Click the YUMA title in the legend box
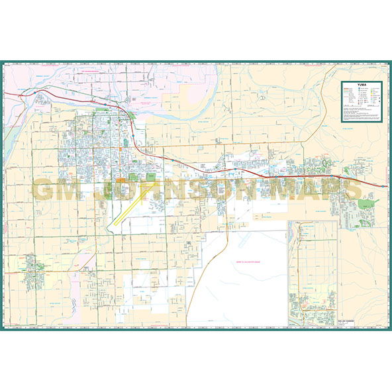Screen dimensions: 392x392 pos(360,85)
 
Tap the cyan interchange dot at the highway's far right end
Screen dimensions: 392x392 pos(383,186)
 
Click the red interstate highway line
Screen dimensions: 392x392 pos(199,166)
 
